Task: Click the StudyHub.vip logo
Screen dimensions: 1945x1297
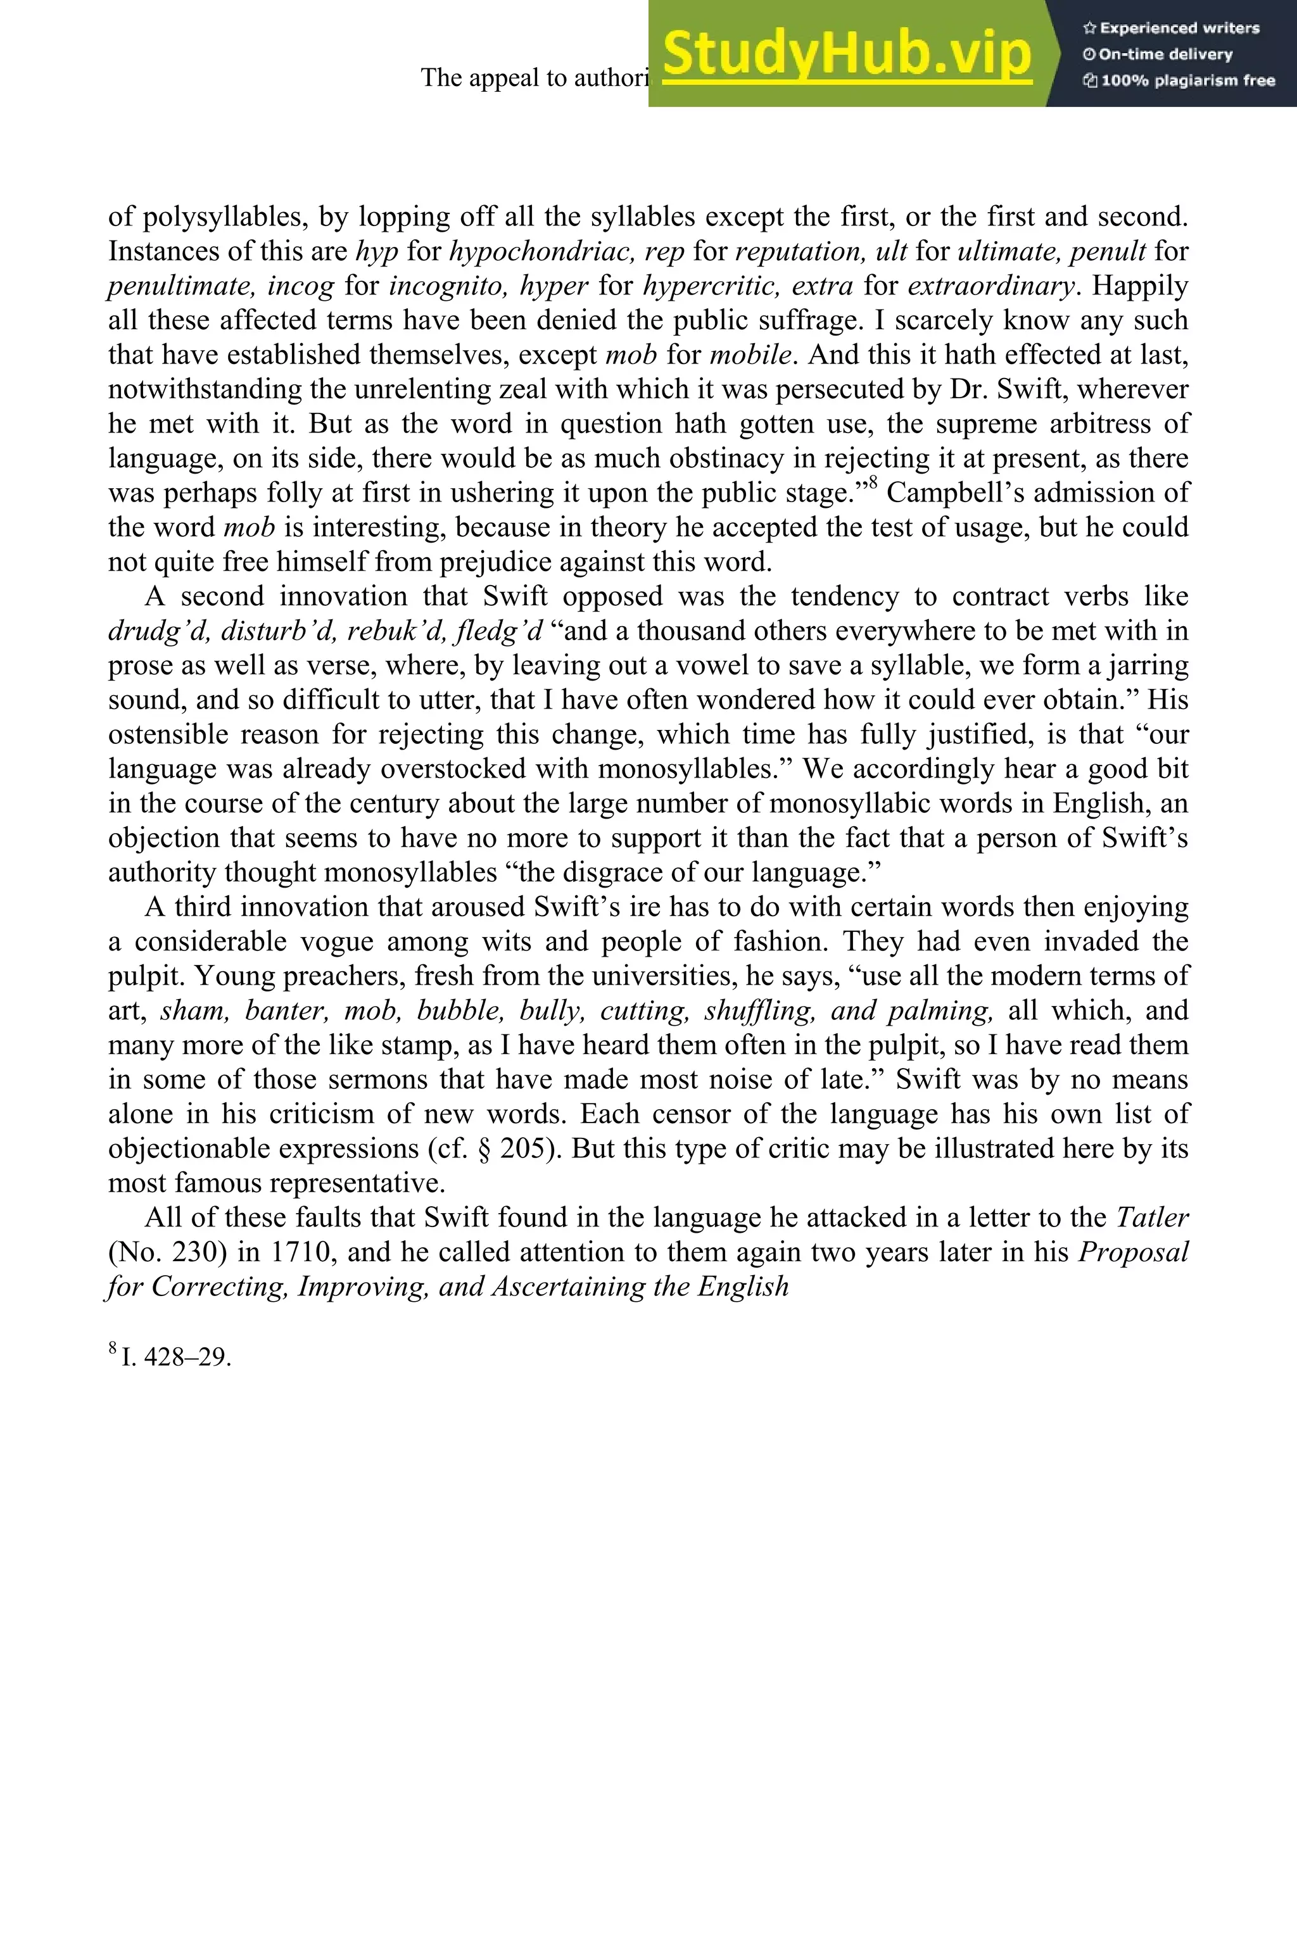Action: click(846, 54)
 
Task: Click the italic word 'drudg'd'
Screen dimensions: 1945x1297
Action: click(159, 631)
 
